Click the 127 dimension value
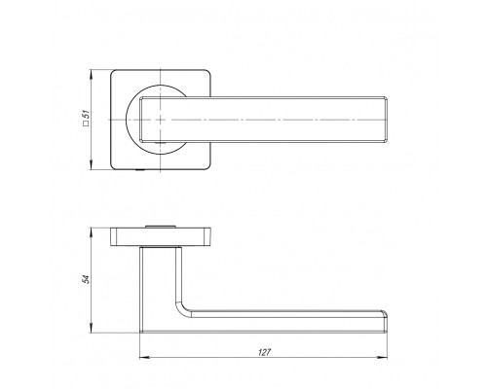264,352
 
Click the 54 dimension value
86,279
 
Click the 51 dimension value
86,115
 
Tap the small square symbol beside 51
86,124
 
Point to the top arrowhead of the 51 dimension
92,74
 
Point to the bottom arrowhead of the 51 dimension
92,165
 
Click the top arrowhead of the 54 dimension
92,232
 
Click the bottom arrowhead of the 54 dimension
92,328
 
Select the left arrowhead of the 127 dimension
144,358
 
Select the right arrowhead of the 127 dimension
383,358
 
